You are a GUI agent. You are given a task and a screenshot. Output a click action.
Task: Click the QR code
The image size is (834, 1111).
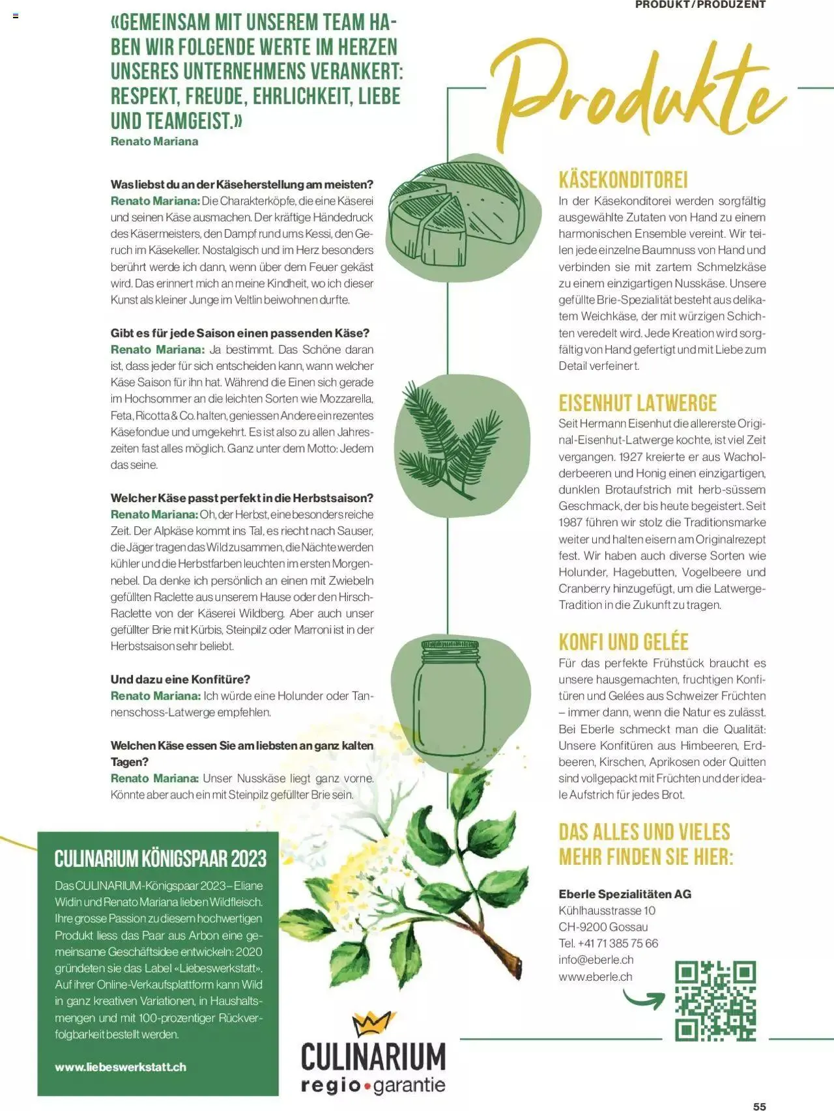coord(715,1000)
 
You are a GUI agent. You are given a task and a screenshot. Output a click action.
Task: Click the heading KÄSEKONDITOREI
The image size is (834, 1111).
coord(624,180)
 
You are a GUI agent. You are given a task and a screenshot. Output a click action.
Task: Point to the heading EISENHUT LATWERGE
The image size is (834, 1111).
coord(637,402)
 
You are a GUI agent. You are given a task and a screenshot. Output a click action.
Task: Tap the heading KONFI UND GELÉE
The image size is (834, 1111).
coord(624,641)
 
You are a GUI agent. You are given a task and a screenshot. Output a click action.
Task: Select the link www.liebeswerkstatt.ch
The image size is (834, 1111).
coord(121,1067)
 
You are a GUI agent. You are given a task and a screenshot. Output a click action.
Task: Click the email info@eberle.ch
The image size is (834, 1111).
coord(596,959)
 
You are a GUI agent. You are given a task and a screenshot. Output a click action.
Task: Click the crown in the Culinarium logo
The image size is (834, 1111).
coord(373,1024)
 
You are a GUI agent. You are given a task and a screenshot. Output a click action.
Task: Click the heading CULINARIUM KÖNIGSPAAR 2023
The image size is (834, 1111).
coord(160,858)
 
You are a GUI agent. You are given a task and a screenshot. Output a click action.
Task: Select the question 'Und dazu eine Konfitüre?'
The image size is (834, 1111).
coord(180,679)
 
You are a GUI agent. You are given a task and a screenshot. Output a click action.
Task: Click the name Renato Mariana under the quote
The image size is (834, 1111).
coord(154,141)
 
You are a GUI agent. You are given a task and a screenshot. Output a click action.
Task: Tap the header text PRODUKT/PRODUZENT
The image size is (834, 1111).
coord(700,5)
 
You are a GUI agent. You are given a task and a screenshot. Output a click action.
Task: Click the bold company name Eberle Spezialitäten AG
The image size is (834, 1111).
coord(625,893)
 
